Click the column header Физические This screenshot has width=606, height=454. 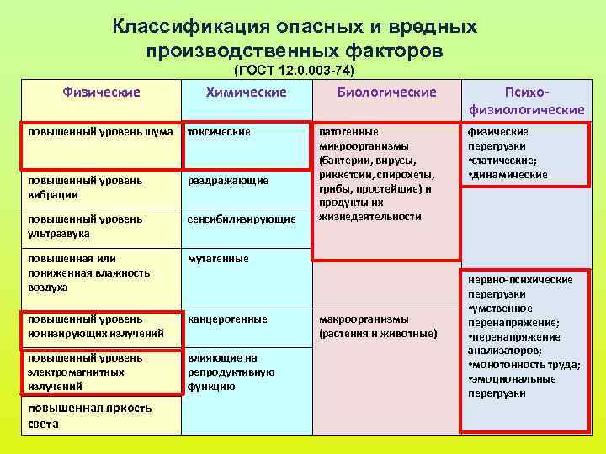pos(101,92)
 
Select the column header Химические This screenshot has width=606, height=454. pos(246,92)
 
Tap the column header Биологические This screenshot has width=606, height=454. pos(386,92)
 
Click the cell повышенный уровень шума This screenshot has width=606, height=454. pos(101,132)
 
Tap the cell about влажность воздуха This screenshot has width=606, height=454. pos(88,272)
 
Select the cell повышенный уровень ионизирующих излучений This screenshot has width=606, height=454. pos(93,326)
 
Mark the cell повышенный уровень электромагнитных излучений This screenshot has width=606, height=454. pos(93,372)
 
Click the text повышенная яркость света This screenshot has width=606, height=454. pos(89,415)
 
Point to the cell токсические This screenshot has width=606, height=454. pos(219,132)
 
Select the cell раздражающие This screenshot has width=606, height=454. pos(227,180)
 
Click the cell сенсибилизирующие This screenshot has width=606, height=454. pos(242,219)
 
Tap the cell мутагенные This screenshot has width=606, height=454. pos(218,259)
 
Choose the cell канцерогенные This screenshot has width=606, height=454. pos(227,319)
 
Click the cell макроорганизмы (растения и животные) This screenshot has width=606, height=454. pos(379,326)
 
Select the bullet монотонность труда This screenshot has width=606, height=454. pos(526,364)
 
